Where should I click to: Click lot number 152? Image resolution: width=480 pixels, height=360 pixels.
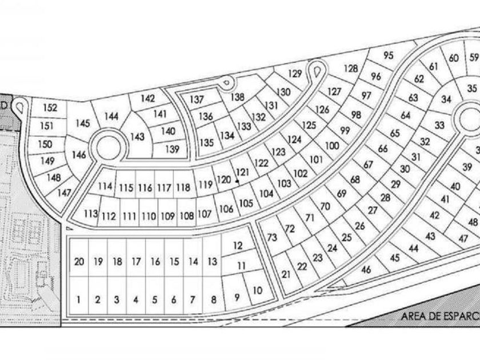50,108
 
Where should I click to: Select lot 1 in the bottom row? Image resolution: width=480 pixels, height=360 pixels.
79,299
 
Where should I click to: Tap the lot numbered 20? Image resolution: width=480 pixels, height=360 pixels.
79,262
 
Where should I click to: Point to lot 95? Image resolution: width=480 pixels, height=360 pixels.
389,56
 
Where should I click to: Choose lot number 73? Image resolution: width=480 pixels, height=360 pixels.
271,238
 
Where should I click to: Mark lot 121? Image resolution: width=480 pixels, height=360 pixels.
243,173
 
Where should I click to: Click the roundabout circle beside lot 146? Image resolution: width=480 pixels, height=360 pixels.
109,146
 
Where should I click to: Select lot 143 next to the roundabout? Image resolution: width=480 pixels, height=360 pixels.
138,137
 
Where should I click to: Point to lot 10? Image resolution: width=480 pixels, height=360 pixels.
257,290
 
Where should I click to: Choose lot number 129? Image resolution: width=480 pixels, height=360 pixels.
295,73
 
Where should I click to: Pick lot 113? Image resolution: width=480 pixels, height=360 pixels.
90,214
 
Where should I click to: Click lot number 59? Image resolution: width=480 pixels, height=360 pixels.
474,58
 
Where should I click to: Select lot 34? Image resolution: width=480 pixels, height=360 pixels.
447,99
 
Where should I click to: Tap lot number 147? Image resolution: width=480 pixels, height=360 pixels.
65,193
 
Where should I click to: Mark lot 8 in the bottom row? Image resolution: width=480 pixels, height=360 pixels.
213,299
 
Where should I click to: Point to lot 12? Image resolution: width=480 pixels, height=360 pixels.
238,246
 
